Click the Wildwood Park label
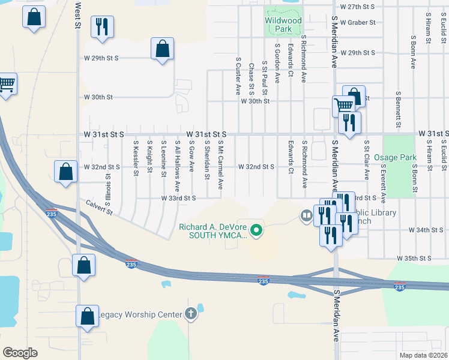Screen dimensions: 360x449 283,24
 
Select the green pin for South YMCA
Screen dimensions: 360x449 257,230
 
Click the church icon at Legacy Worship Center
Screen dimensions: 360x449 191,314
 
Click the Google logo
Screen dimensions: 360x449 20,352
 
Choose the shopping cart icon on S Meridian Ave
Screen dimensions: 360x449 343,106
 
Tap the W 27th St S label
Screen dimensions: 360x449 357,6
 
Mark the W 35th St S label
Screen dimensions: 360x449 415,258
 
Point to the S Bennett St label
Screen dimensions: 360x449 398,110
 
